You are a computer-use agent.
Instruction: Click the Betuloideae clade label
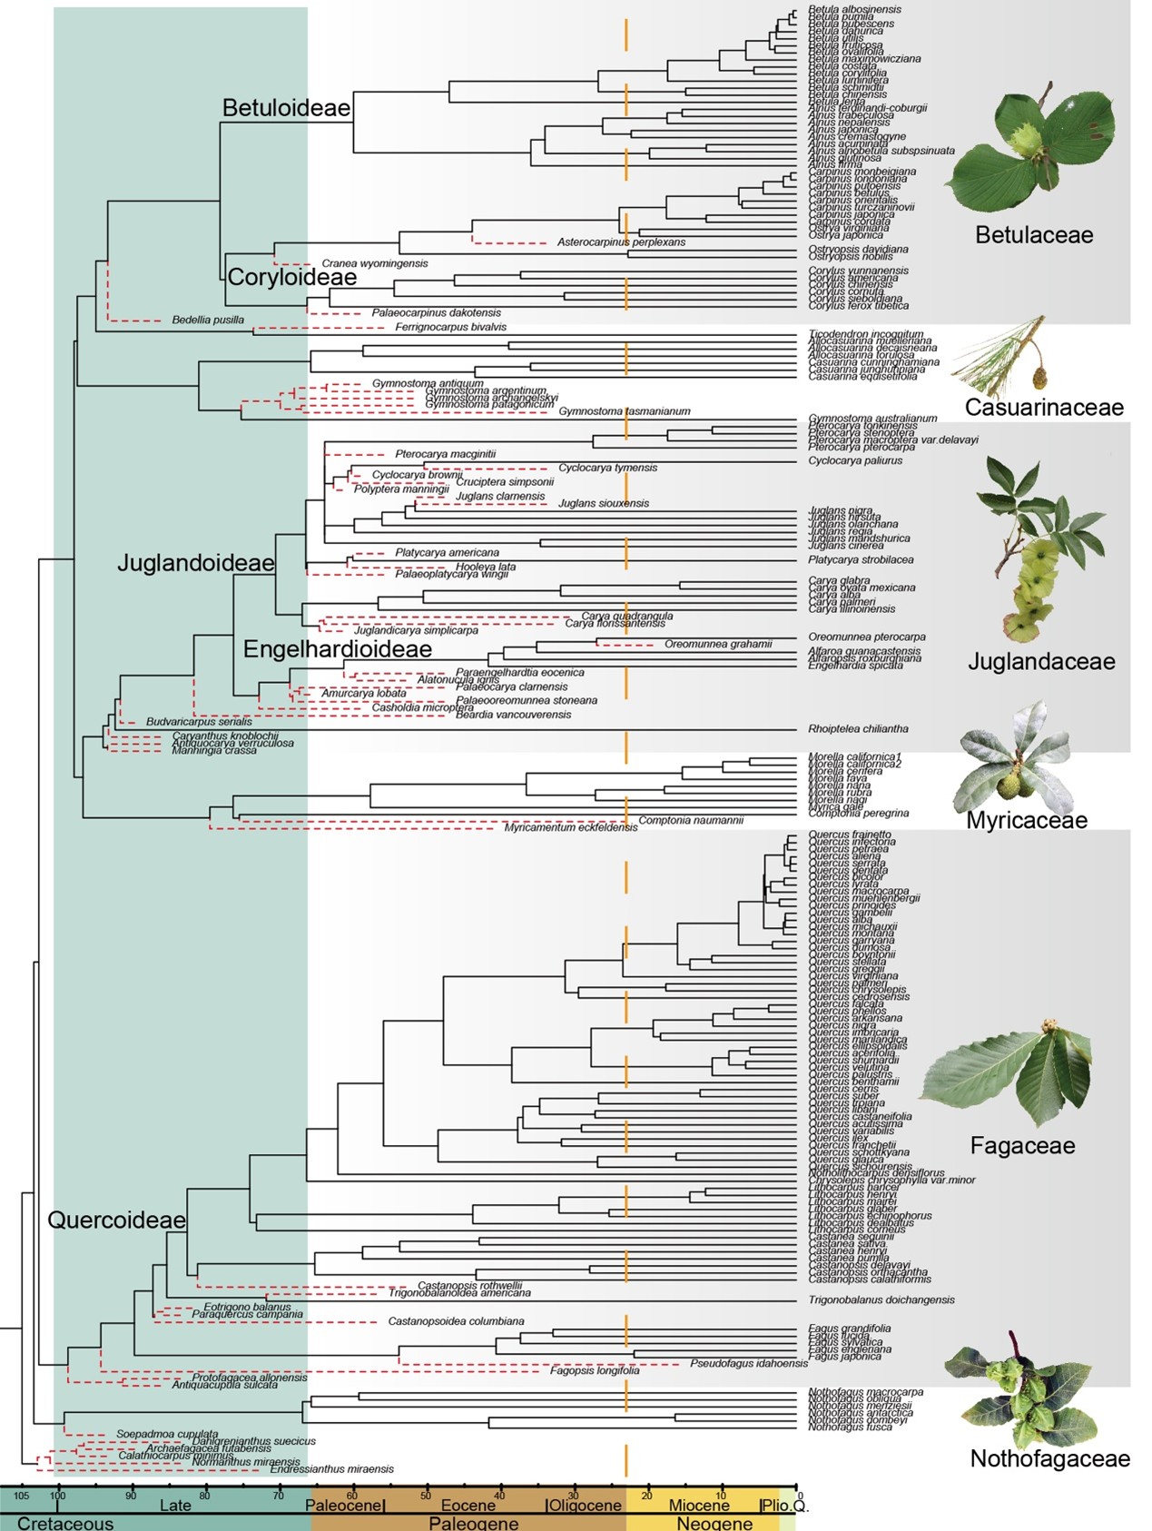(286, 108)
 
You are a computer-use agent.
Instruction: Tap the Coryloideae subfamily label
(291, 277)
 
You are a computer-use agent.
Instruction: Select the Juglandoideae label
(196, 563)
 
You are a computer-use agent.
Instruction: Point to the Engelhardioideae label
(337, 649)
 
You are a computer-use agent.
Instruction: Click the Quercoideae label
(116, 1220)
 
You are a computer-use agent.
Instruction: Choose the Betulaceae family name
(1034, 235)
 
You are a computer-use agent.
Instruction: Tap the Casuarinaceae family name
(1044, 408)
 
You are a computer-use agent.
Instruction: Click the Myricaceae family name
(1027, 821)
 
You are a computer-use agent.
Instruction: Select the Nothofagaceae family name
(1050, 1458)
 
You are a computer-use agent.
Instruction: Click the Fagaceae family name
(1022, 1146)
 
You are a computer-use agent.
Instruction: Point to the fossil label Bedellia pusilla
(208, 321)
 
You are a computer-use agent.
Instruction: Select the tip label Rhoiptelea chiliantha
(858, 729)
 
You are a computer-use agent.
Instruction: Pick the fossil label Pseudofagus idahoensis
(748, 1363)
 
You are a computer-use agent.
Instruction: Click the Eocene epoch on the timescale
(468, 1506)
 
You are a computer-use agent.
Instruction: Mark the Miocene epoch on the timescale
(699, 1506)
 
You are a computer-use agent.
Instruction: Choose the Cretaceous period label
(65, 1523)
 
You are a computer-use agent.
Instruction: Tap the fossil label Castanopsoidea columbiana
(456, 1321)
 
